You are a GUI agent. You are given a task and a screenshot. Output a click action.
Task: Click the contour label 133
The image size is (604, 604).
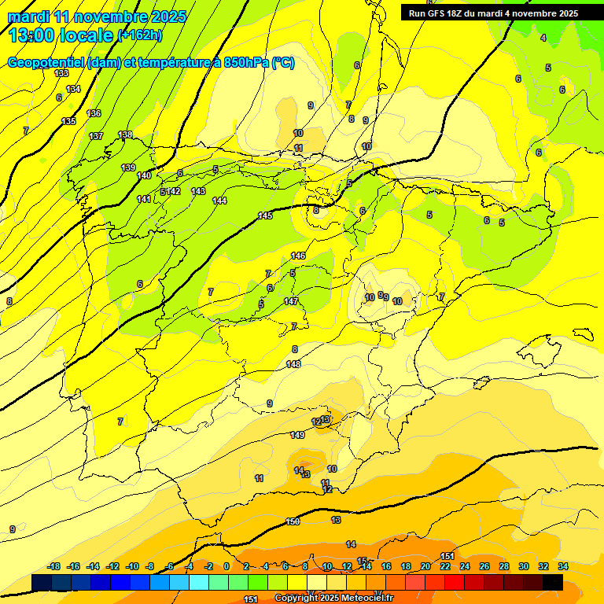(62, 73)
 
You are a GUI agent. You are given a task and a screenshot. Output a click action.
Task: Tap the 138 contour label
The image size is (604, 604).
(125, 135)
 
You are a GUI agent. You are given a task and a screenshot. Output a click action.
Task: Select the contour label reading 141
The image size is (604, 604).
(144, 199)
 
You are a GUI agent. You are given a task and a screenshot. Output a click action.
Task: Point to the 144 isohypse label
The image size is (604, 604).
(219, 201)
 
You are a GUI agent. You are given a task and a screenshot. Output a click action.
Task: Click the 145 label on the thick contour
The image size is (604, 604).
(265, 215)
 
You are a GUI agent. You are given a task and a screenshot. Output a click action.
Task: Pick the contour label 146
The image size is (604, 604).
(298, 256)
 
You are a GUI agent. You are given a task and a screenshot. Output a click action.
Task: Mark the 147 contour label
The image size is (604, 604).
(291, 301)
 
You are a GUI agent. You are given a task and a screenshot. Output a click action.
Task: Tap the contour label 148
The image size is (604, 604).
(293, 364)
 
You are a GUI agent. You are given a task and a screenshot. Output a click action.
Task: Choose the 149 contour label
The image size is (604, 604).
(297, 435)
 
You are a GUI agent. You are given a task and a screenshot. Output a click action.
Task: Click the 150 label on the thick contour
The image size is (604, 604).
(293, 521)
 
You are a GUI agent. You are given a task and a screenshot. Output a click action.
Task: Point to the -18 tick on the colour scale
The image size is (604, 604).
(54, 566)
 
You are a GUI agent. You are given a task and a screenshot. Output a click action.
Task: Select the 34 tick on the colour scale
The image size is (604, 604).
(563, 566)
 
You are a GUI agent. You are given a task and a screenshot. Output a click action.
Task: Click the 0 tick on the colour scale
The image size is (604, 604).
(226, 566)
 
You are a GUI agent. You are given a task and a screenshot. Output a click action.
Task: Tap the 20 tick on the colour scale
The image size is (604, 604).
(425, 566)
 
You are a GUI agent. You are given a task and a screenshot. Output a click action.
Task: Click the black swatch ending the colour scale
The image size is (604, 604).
(553, 582)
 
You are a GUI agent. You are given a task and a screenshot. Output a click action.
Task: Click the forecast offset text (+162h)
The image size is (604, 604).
(139, 35)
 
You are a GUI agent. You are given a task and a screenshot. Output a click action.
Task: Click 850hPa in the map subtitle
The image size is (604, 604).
(248, 63)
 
